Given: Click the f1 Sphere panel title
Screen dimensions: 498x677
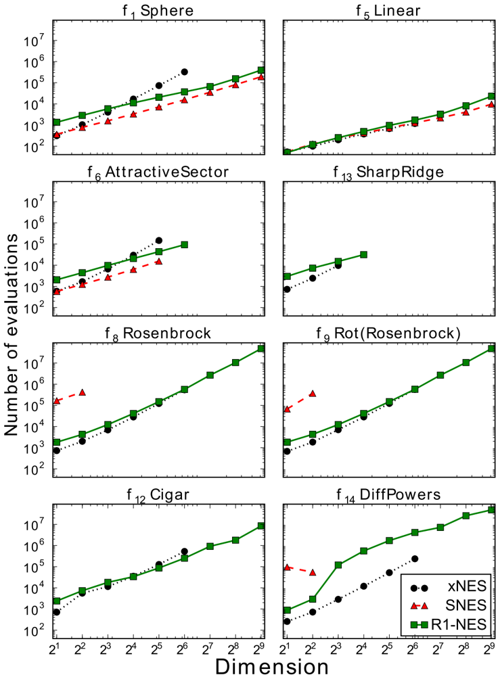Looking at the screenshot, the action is pos(158,11).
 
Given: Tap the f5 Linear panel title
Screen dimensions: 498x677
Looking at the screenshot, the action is pos(388,11).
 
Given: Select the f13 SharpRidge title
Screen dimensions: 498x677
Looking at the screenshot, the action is pos(388,172).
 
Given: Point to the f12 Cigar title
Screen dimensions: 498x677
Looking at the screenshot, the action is pos(158,495).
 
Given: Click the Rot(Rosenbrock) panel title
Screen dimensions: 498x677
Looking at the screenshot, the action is pos(388,333).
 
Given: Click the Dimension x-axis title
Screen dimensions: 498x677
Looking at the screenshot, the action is pos(272,666).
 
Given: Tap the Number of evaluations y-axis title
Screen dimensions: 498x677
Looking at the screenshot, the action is pos(12,335).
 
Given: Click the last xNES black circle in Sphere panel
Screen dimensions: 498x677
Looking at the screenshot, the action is pos(185,72).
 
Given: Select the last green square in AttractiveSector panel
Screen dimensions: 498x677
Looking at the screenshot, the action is pos(185,245).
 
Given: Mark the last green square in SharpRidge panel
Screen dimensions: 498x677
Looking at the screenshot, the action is pos(363,255).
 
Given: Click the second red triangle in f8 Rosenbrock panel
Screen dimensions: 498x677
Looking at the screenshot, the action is pos(82,392).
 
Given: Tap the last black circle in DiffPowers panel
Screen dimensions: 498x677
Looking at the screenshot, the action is pos(415,559).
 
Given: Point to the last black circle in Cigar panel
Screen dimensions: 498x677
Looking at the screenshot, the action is pos(185,551).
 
